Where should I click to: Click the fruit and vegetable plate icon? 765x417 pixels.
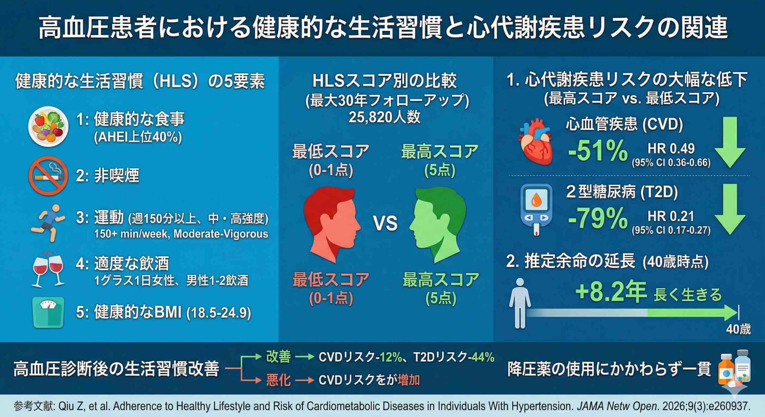(48, 127)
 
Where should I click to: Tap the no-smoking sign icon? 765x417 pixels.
(48, 176)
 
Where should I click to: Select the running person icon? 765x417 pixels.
(48, 223)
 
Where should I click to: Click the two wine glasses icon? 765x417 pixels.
(48, 270)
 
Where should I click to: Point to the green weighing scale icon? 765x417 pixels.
(48, 312)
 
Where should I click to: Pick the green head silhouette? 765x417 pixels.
(438, 225)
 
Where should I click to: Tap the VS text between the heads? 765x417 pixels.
(385, 224)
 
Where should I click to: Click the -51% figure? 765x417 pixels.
(597, 151)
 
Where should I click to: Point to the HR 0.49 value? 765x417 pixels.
(671, 148)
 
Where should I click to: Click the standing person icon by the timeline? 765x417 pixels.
(520, 303)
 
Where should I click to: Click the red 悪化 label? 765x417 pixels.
(278, 380)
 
